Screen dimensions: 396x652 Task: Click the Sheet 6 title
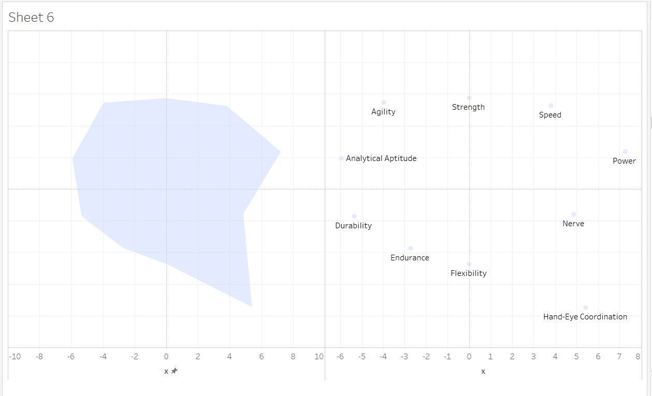[x=31, y=18]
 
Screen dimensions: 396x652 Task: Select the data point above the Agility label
[x=384, y=102]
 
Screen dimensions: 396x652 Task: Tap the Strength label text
[x=468, y=107]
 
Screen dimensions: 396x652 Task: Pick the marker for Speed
[x=551, y=106]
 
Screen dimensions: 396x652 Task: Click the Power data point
[x=625, y=152]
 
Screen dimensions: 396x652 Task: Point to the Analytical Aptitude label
[x=381, y=158]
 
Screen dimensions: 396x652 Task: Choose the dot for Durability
[x=354, y=216]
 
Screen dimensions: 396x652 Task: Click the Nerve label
[x=573, y=224]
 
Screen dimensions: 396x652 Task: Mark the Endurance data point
[x=411, y=248]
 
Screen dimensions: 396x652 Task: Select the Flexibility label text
[x=469, y=273]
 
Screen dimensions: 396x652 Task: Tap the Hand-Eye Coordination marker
[x=586, y=307]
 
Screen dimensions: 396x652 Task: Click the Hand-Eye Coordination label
[x=585, y=317]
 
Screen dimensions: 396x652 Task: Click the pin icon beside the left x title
[x=175, y=371]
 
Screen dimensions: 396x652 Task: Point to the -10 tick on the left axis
[x=15, y=356]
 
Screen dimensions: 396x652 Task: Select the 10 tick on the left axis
[x=319, y=356]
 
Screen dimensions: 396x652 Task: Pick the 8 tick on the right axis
[x=638, y=356]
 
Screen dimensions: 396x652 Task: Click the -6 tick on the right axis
[x=340, y=356]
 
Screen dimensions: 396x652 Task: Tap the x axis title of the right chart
[x=483, y=371]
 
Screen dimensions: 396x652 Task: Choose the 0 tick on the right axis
[x=469, y=356]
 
